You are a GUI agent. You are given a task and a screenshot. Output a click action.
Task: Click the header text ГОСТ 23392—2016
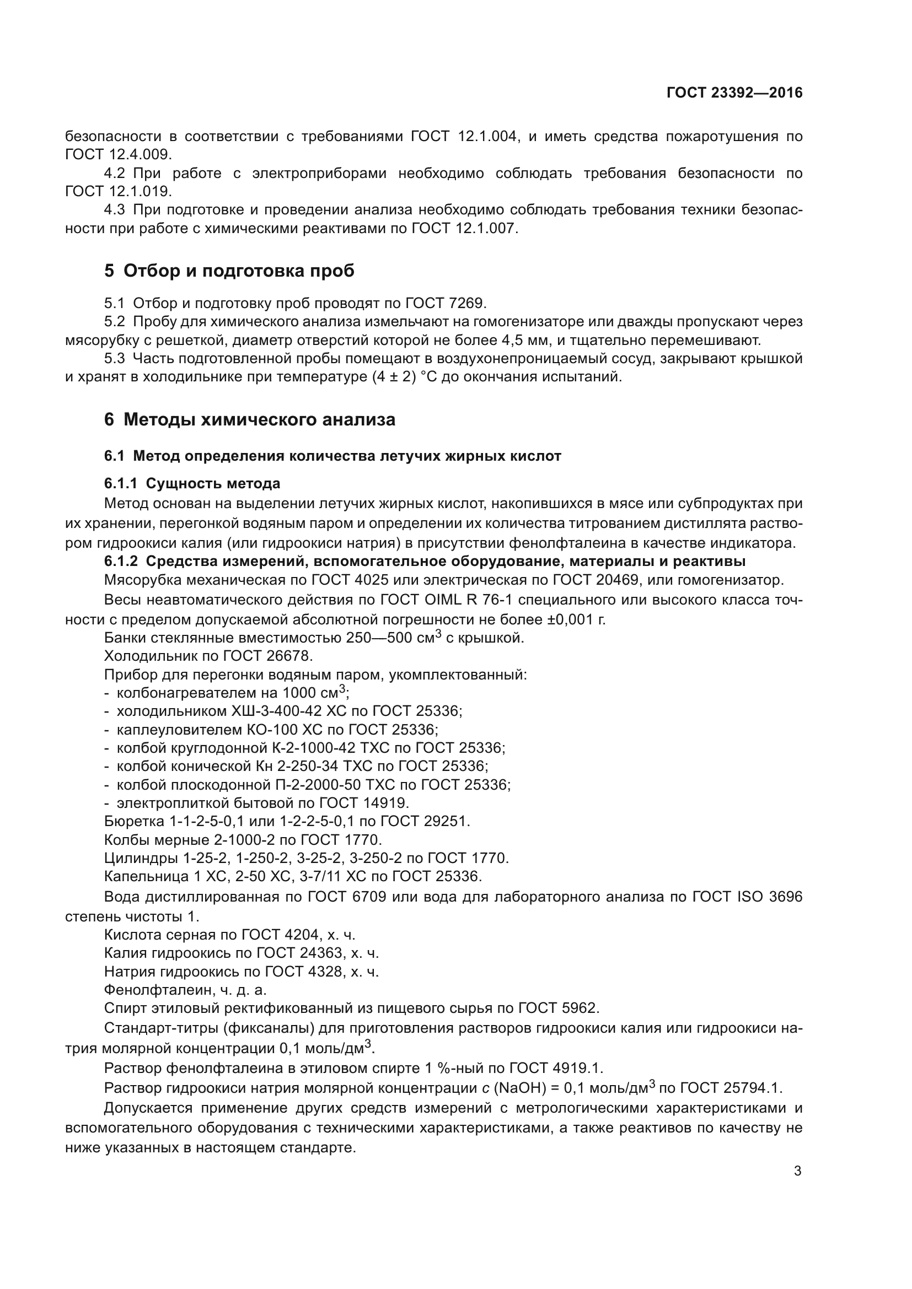(x=734, y=93)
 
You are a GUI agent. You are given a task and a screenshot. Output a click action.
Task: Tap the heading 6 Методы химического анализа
(x=249, y=419)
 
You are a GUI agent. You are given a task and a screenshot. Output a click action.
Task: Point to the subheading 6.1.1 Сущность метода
(x=192, y=483)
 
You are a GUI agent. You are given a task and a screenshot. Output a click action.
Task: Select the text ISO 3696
(x=769, y=897)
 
